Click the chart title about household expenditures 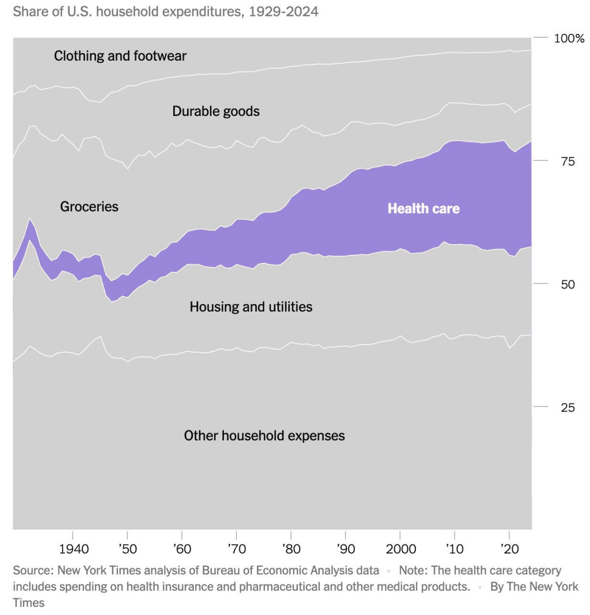(165, 11)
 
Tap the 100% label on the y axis (569, 38)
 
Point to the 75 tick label (567, 161)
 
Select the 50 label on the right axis (567, 284)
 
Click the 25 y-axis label (567, 407)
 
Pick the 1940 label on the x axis (74, 549)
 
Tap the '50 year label (128, 549)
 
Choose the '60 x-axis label (182, 549)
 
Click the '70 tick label (236, 549)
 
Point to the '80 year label (291, 549)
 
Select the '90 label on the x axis (345, 549)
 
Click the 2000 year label (401, 549)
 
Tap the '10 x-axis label (454, 549)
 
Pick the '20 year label (510, 549)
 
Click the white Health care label (423, 209)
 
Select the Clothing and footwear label (120, 56)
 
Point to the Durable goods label (216, 111)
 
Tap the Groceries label (89, 207)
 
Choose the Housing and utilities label (251, 307)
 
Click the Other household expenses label (264, 436)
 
